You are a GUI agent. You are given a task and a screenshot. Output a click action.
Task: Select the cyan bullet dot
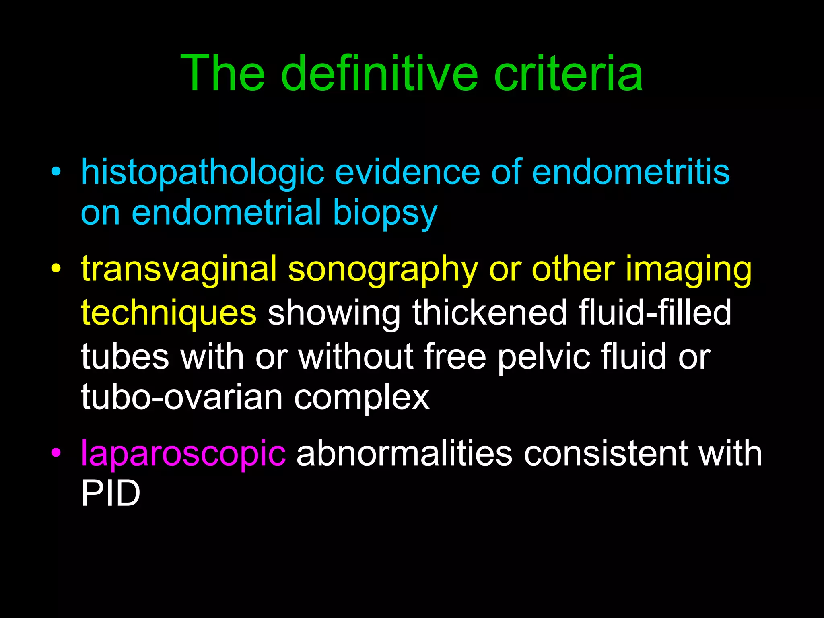pos(56,172)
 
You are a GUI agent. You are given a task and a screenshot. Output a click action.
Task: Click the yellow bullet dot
pos(56,268)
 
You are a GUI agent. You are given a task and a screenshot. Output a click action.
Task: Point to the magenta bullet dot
pos(56,453)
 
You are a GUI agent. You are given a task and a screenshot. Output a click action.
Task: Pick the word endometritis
pos(630,172)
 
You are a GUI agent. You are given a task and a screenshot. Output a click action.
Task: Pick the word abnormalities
pos(404,453)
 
